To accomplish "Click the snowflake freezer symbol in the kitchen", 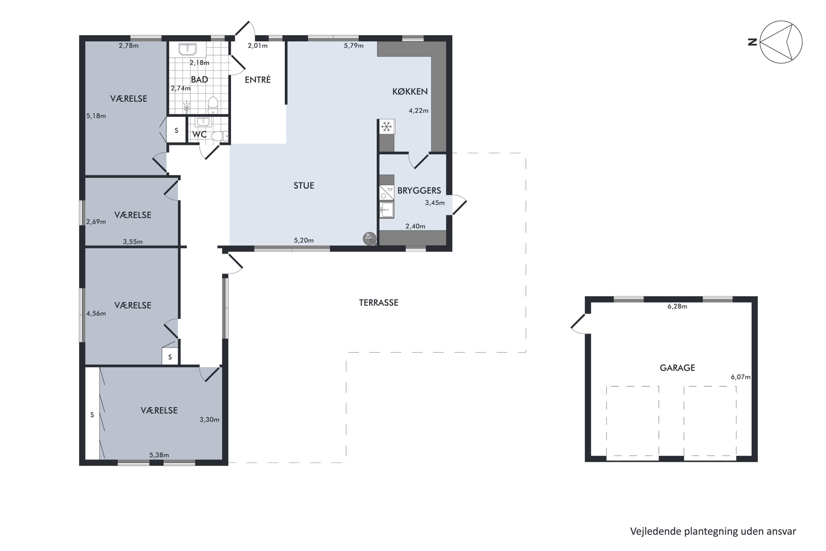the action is pos(387,127).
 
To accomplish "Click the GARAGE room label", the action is pos(677,368).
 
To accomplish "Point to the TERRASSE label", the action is pos(378,303).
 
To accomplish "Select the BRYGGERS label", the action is pos(419,190).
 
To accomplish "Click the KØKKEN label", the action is pos(410,91).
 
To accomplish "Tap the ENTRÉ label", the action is pos(258,80).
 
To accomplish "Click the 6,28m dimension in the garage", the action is pos(677,307).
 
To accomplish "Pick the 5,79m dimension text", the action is pos(354,46).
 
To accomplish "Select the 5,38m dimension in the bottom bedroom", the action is pos(159,455).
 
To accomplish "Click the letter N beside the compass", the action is pos(752,42).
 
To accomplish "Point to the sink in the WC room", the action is pos(203,122).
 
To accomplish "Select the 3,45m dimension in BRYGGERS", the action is pos(434,203).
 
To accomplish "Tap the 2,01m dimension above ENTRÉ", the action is pos(257,46).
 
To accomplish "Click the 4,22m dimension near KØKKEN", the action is pos(419,111).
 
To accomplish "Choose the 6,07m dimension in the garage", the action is pos(741,377).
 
